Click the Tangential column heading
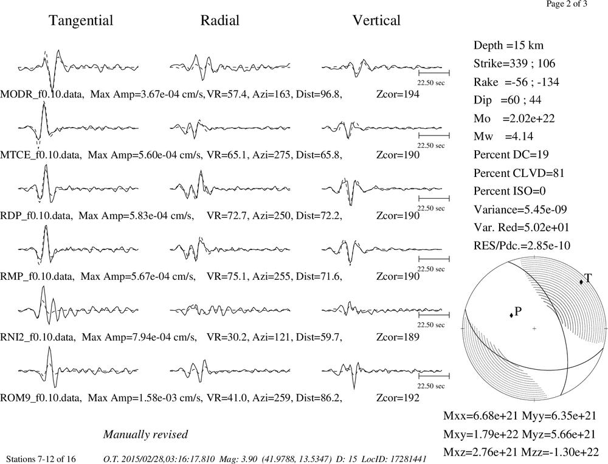click(81, 21)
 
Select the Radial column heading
click(220, 20)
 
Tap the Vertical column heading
click(376, 20)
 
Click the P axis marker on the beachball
click(511, 315)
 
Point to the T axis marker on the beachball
click(581, 282)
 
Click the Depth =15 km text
click(508, 46)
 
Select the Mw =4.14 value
click(503, 136)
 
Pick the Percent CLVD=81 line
click(519, 173)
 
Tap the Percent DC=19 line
click(511, 154)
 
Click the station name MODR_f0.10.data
click(42, 94)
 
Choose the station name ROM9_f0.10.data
click(41, 398)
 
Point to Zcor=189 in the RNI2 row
click(398, 337)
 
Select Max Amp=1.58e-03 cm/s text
click(145, 398)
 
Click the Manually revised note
click(145, 435)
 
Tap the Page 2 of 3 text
click(567, 4)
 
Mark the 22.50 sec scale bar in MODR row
click(434, 73)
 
